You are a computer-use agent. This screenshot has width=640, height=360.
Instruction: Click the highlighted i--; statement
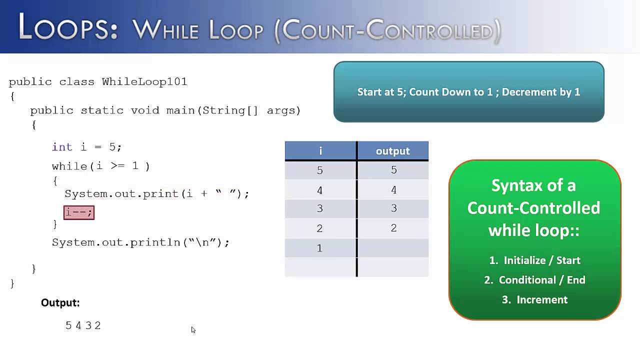[x=79, y=212]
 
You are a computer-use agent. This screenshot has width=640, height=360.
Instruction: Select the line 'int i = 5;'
[x=86, y=147]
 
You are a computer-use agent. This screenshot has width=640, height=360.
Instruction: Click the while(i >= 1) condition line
[x=100, y=166]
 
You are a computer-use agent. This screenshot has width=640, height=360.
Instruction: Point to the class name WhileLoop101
[x=144, y=81]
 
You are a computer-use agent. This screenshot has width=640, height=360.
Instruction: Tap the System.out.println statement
[x=140, y=242]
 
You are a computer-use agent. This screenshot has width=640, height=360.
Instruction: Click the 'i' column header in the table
[x=320, y=151]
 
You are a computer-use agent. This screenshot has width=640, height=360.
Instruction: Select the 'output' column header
[x=392, y=151]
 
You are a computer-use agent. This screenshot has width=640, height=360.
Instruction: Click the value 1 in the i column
[x=320, y=248]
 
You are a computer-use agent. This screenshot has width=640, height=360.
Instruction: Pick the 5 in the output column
[x=393, y=170]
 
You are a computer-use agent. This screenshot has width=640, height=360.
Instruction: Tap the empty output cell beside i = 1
[x=393, y=248]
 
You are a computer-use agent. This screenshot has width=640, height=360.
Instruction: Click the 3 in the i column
[x=320, y=208]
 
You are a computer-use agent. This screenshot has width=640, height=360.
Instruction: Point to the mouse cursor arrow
[x=193, y=329]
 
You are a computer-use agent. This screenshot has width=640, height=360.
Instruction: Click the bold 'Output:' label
[x=60, y=302]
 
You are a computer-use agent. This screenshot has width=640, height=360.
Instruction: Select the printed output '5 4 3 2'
[x=83, y=325]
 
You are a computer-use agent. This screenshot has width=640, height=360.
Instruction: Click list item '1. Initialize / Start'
[x=534, y=260]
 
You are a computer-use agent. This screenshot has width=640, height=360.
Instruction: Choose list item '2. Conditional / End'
[x=534, y=280]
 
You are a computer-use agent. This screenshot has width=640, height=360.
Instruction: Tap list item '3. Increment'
[x=534, y=299]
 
